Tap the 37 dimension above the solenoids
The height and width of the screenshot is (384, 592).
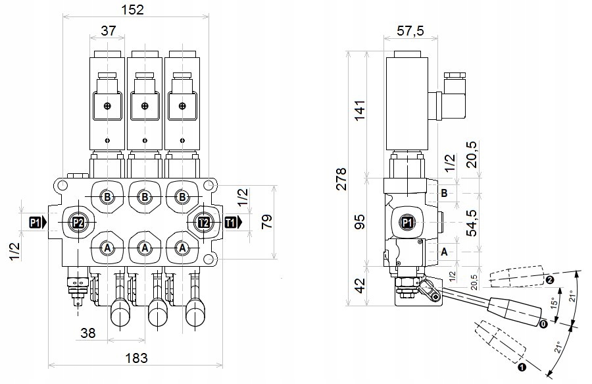[x=109, y=31]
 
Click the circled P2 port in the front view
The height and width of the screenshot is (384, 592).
[x=78, y=223]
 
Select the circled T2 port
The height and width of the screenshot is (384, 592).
[x=203, y=223]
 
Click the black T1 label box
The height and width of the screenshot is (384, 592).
[x=232, y=223]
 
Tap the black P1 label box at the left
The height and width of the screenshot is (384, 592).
[x=36, y=223]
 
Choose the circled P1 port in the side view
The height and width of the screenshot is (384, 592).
[x=407, y=223]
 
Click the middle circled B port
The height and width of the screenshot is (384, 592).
[x=145, y=196]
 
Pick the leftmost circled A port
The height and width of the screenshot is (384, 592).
[x=107, y=247]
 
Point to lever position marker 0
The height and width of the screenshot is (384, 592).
[x=543, y=323]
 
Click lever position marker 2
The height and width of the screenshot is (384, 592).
[x=550, y=279]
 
